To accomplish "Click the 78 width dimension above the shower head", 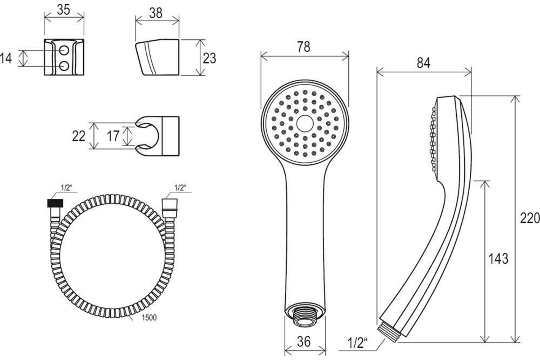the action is (x=303, y=47).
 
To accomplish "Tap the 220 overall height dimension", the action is (x=530, y=218).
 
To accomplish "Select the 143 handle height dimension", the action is (x=498, y=258).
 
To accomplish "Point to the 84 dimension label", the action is (x=423, y=63).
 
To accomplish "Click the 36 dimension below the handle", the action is (x=304, y=342).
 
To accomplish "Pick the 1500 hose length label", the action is (x=149, y=318).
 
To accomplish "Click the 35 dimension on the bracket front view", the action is (x=63, y=10).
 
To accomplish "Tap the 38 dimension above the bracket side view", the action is (x=156, y=13).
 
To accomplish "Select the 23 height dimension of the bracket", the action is (x=209, y=58).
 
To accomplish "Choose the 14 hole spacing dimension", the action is (x=6, y=58).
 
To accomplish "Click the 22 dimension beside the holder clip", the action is (x=79, y=136).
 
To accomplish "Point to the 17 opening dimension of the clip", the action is (x=113, y=136).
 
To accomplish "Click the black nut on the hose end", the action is (x=55, y=203).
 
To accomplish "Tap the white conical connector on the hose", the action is (x=170, y=208).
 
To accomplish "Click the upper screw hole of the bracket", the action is (x=64, y=50).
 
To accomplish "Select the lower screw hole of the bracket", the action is (x=64, y=66).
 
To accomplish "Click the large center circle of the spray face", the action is (x=305, y=123).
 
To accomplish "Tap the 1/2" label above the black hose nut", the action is (x=66, y=188).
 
